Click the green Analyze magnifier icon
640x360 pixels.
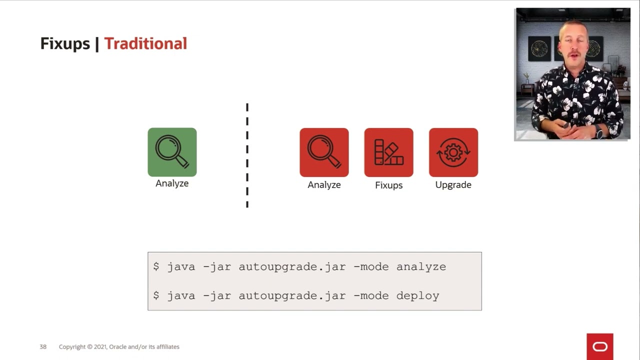172,152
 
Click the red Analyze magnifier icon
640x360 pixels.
324,152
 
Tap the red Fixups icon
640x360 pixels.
388,152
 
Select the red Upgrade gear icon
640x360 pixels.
453,152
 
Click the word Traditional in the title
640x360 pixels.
145,43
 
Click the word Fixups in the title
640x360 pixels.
65,43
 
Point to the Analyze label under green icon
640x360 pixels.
172,183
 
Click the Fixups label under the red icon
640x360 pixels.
388,185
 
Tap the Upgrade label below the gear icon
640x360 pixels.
453,185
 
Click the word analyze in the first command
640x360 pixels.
421,267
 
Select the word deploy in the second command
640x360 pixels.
417,296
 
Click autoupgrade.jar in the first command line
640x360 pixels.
292,267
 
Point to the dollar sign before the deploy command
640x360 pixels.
156,296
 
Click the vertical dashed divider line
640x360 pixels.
247,155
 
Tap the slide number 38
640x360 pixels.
43,346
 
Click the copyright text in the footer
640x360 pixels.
119,346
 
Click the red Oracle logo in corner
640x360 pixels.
599,346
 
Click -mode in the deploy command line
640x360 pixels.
370,296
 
